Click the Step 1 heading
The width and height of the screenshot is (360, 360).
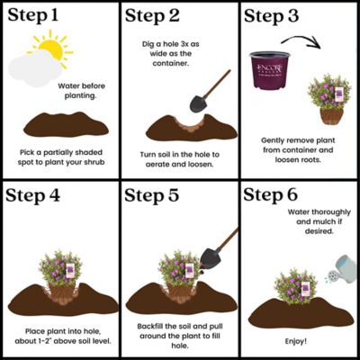pyautogui.click(x=38, y=17)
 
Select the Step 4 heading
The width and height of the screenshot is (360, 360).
pyautogui.click(x=40, y=196)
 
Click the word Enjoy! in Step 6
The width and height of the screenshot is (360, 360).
pyautogui.click(x=298, y=342)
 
